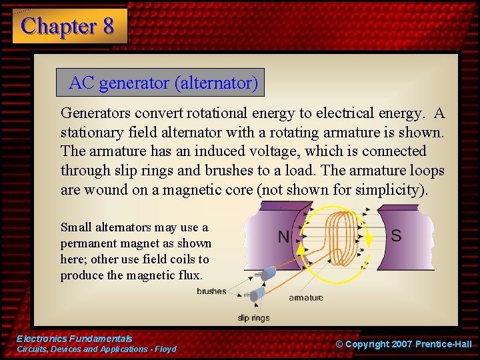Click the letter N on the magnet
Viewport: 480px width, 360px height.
pos(283,237)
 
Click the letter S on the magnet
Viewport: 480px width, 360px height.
pos(395,235)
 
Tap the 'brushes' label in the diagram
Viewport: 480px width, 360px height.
pos(211,291)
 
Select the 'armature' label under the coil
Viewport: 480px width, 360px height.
pos(306,298)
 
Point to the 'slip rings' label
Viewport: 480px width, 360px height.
pos(253,317)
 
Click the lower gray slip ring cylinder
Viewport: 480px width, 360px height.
pos(257,293)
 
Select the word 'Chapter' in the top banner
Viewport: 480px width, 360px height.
pos(59,26)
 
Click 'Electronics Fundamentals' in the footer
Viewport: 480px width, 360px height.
pos(74,339)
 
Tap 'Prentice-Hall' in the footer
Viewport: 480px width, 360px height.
pos(443,344)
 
